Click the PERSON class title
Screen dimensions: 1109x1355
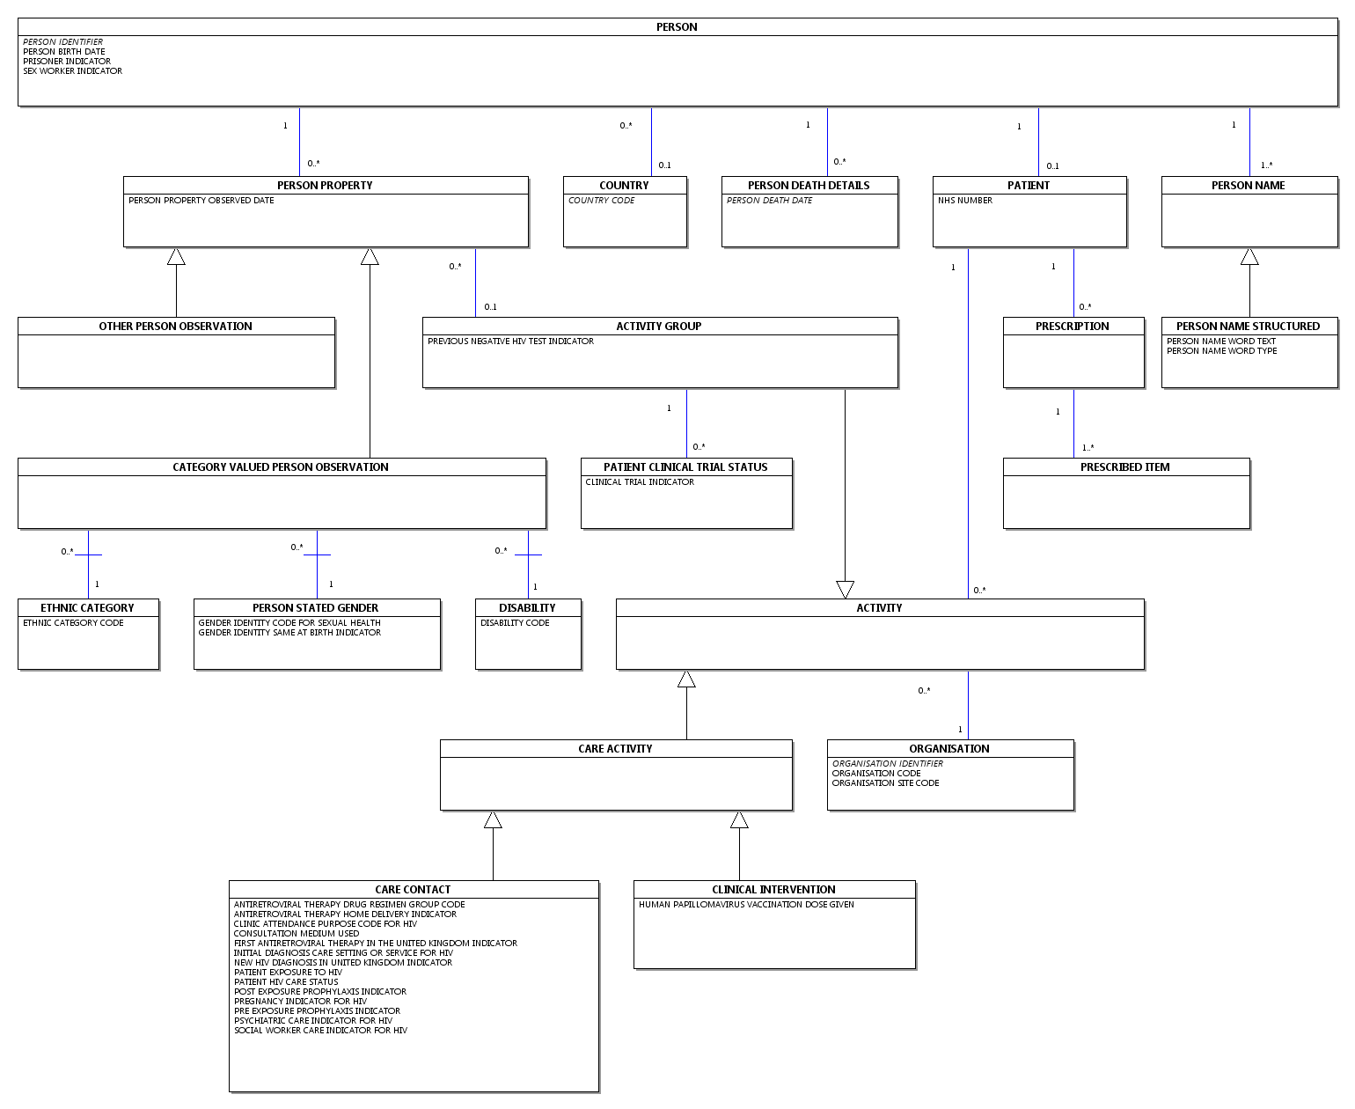pyautogui.click(x=677, y=27)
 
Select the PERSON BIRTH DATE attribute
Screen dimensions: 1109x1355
pyautogui.click(x=64, y=52)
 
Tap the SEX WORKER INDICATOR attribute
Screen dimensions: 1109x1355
pyautogui.click(x=73, y=71)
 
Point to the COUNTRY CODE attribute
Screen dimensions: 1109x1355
pyautogui.click(x=602, y=201)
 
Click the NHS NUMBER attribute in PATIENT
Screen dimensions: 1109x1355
pyautogui.click(x=965, y=201)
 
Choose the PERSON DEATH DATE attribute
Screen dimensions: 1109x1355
pyautogui.click(x=770, y=201)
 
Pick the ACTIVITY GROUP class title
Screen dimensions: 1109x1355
pyautogui.click(x=659, y=327)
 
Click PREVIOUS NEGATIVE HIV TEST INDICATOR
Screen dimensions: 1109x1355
pyautogui.click(x=511, y=342)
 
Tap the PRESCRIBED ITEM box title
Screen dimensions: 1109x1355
pyautogui.click(x=1125, y=467)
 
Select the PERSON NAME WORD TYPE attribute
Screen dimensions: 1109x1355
pyautogui.click(x=1222, y=351)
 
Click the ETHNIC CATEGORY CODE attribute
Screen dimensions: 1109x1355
pyautogui.click(x=74, y=623)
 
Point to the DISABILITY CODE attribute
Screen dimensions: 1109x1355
pyautogui.click(x=516, y=623)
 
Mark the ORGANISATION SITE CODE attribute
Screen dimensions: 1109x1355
pyautogui.click(x=886, y=783)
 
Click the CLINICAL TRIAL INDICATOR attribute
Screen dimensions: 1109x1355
pyautogui.click(x=641, y=482)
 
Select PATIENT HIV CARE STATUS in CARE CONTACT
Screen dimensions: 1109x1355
pyautogui.click(x=287, y=982)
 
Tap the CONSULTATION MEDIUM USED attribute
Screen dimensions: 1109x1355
pyautogui.click(x=297, y=934)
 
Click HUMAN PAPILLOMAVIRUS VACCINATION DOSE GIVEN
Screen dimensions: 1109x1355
pyautogui.click(x=747, y=905)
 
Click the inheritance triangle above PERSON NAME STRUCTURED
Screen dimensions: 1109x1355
pyautogui.click(x=1249, y=256)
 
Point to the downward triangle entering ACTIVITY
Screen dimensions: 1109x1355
pyautogui.click(x=845, y=590)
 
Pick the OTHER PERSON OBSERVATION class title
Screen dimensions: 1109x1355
pyautogui.click(x=176, y=327)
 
